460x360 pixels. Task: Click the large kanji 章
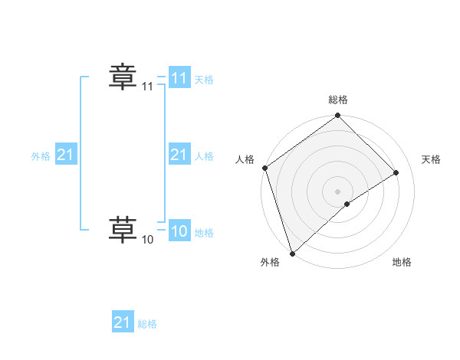[x=122, y=77]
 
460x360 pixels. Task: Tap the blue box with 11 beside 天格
[x=179, y=78]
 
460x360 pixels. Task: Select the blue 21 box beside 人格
[x=179, y=155]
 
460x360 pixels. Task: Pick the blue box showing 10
[x=179, y=232]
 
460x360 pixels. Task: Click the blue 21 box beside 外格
[x=65, y=155]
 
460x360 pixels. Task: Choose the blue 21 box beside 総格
[x=123, y=322]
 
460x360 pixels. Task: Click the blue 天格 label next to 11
[x=204, y=80]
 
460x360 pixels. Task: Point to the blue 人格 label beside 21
[x=204, y=156]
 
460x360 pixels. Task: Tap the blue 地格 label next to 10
[x=204, y=233]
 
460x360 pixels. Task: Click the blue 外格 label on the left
[x=41, y=156]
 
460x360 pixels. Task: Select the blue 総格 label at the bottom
[x=147, y=324]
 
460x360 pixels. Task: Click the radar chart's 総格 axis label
[x=338, y=100]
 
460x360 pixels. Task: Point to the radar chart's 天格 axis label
[x=432, y=159]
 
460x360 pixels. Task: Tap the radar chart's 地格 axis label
[x=402, y=263]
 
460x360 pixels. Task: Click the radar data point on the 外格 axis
[x=291, y=253]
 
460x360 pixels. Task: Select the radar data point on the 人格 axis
[x=264, y=168]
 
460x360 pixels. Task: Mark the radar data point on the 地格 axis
[x=347, y=204]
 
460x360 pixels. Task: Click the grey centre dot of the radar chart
[x=337, y=191]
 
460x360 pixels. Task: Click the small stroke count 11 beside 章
[x=147, y=87]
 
